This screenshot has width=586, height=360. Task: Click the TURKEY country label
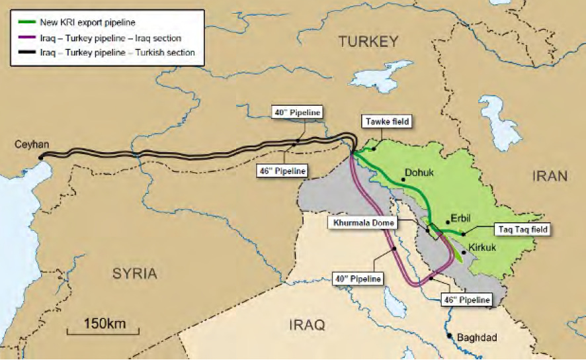pos(369,42)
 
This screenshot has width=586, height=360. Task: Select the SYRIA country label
pos(134,273)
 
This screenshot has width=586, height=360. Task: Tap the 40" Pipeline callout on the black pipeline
pos(298,112)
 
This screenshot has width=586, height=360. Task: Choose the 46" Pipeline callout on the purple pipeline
pos(466,300)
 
